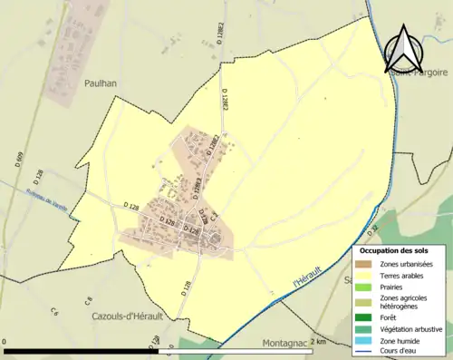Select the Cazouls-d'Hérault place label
coord(126,316)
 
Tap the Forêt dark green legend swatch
coord(365,316)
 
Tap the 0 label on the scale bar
coord(5,342)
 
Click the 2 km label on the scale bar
coord(318,342)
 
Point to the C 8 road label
coord(89,299)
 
